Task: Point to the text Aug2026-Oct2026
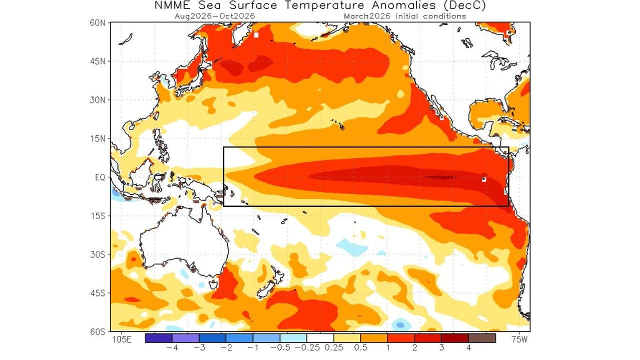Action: (215, 16)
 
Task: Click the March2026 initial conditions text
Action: (405, 16)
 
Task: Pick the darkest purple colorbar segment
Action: (158, 338)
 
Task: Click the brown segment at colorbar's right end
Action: (482, 338)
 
